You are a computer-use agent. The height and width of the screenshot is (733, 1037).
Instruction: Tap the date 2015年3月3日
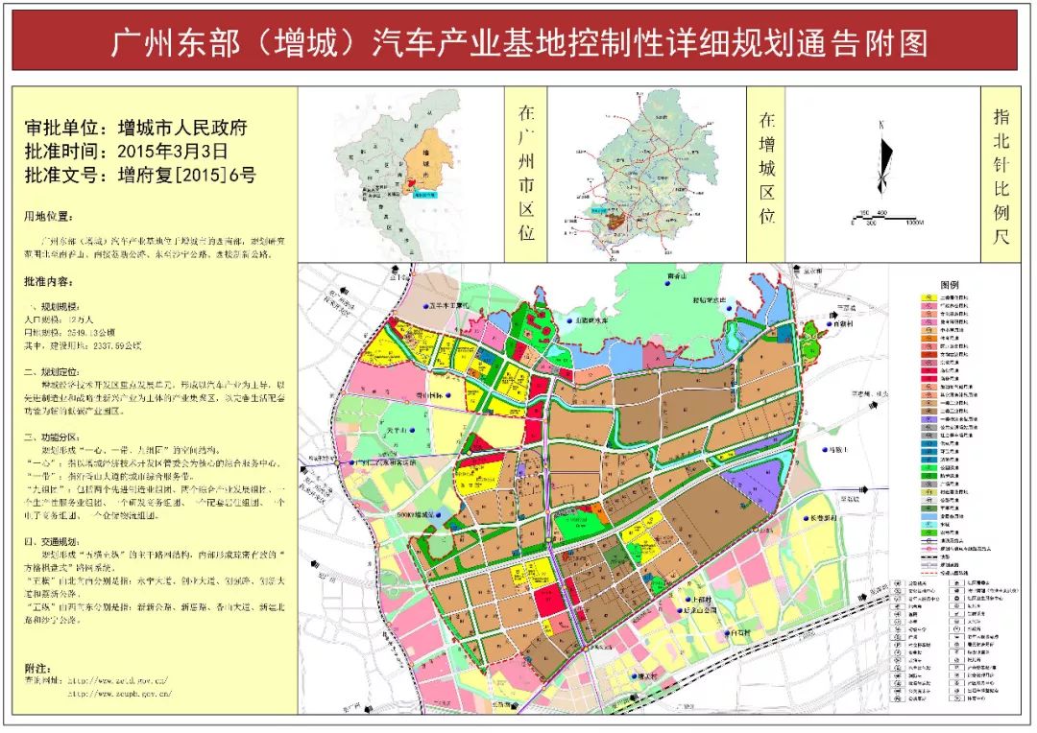(172, 151)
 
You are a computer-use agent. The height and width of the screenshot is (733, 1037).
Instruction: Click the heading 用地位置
(47, 217)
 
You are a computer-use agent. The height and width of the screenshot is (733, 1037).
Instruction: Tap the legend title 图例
(950, 286)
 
